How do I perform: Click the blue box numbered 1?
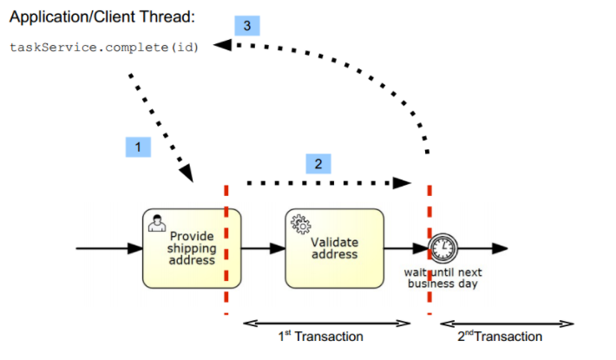pos(139,147)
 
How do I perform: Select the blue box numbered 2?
pos(318,163)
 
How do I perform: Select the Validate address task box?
pos(334,248)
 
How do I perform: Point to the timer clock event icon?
pos(443,248)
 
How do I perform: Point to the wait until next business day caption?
pos(445,278)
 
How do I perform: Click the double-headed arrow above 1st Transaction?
pos(327,323)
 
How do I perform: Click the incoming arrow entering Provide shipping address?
pos(108,248)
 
